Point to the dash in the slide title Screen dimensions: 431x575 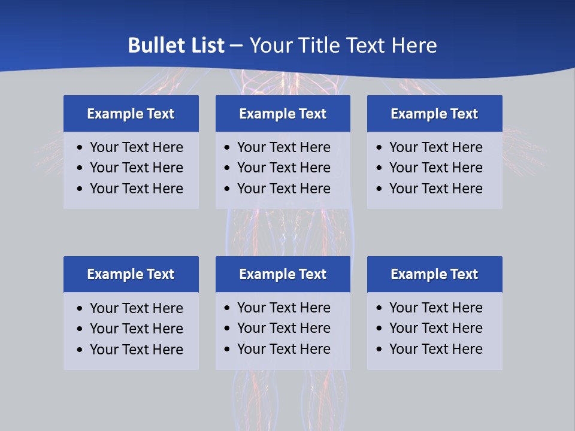(x=236, y=46)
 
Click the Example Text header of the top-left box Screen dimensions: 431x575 (x=131, y=114)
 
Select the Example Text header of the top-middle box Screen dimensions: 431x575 (x=283, y=114)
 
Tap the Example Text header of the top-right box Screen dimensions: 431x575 (x=434, y=114)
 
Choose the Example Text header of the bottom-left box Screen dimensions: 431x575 (x=131, y=274)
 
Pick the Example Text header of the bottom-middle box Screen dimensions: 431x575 (x=283, y=274)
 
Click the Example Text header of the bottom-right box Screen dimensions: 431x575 (x=434, y=274)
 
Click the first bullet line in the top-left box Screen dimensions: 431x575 (x=136, y=147)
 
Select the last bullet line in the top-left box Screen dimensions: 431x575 (x=136, y=189)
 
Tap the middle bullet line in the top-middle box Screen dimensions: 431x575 (x=283, y=168)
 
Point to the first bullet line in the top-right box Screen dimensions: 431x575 (x=435, y=147)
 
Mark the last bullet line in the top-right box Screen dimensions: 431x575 (x=435, y=189)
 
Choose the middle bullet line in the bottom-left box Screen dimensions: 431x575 (x=136, y=329)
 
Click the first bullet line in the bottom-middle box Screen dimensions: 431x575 (x=283, y=308)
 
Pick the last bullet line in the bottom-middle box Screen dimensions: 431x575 (x=283, y=349)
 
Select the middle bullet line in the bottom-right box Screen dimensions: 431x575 (x=435, y=328)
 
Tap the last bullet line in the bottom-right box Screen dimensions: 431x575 (x=435, y=349)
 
